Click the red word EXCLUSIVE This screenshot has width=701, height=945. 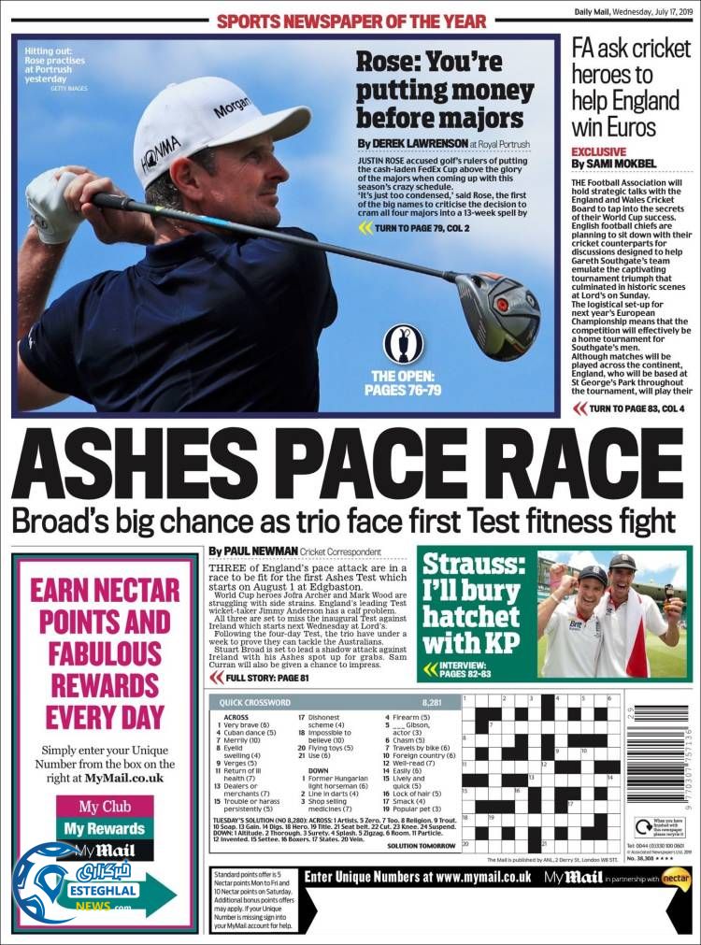(x=599, y=151)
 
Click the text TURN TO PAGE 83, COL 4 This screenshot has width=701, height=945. (x=636, y=408)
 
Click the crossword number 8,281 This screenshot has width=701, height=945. (x=432, y=701)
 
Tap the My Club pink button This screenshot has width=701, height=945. (x=104, y=807)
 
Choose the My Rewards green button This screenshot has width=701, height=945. (x=104, y=828)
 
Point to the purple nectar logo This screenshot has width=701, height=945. (x=675, y=879)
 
